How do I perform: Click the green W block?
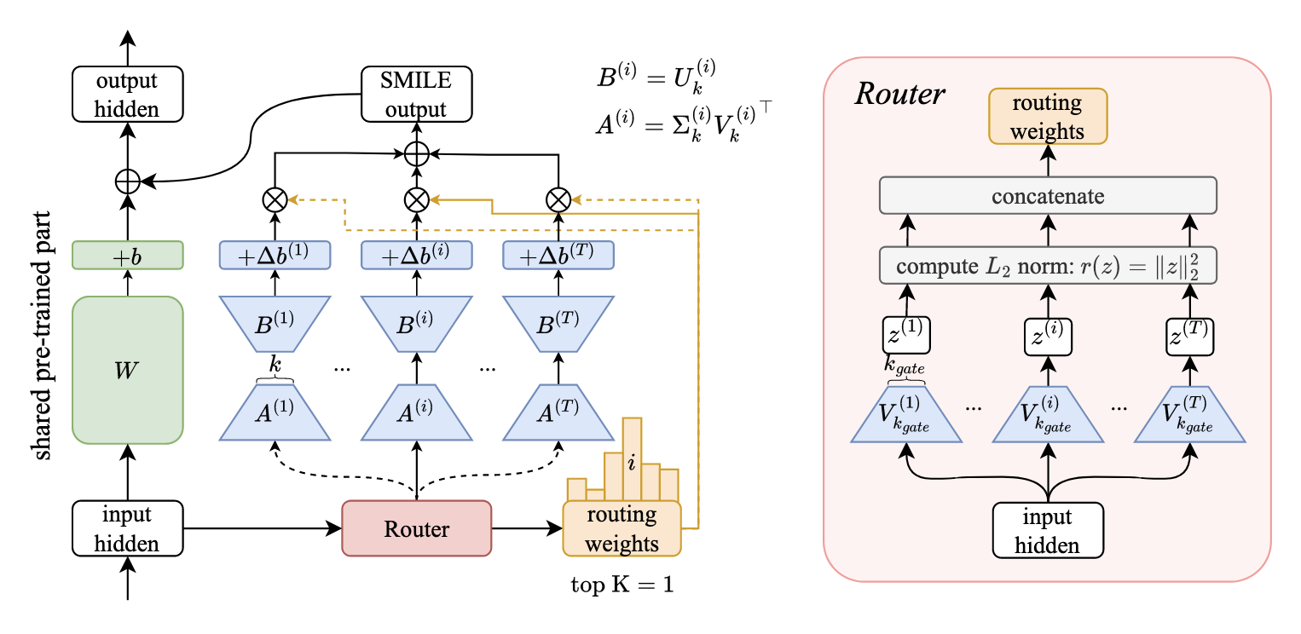click(128, 369)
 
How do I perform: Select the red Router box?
click(416, 528)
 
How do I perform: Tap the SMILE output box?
click(415, 94)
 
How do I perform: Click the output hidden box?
click(128, 94)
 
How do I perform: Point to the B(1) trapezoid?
click(275, 324)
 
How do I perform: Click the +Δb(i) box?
click(416, 254)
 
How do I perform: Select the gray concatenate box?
click(1048, 196)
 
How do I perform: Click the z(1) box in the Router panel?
click(906, 334)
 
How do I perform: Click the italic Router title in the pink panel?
click(900, 94)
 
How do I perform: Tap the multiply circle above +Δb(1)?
click(275, 199)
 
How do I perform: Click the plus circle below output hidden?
click(128, 181)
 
